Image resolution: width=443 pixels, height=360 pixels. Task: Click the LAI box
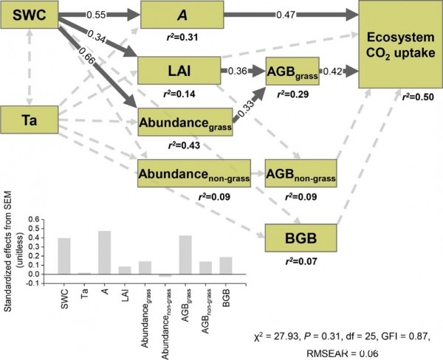click(179, 72)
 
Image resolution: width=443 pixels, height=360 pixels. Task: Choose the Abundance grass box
click(185, 122)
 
